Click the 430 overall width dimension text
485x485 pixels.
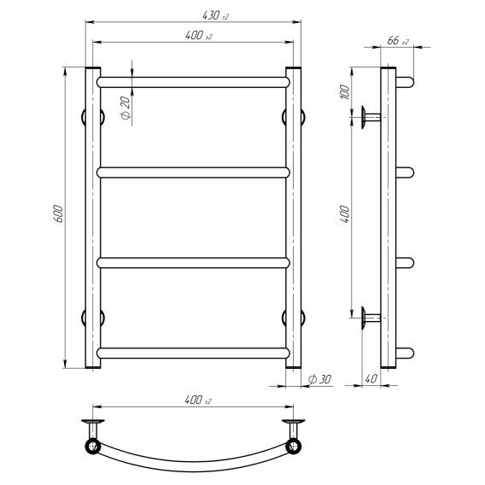coord(215,15)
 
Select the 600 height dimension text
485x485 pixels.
coord(58,213)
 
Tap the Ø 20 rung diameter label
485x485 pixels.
coord(126,108)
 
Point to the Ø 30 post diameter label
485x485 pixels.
coord(320,379)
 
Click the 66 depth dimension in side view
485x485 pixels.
coord(398,40)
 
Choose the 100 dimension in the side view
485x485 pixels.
coord(345,92)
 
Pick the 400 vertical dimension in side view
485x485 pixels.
coord(345,213)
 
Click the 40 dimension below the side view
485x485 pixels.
coord(371,378)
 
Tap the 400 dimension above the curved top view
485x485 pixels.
coord(198,400)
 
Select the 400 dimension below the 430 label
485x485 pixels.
coord(199,36)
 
